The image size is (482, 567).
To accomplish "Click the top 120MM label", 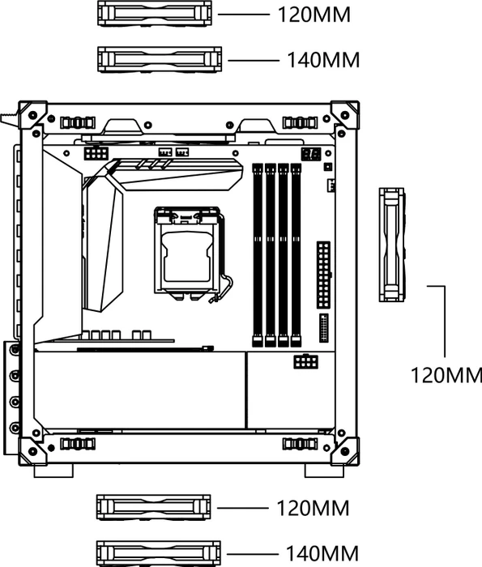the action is tap(314, 15).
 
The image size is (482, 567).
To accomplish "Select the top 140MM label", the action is tap(323, 60).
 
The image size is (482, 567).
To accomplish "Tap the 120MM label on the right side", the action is tap(446, 375).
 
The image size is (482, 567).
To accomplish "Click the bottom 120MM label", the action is tap(314, 508).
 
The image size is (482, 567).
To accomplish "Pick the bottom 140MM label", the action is tap(322, 553).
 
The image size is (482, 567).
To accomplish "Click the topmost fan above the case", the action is tap(155, 14).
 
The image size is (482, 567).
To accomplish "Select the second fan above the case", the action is tap(160, 59).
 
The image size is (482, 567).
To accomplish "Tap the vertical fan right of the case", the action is tap(392, 245).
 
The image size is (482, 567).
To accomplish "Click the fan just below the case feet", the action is tap(153, 508).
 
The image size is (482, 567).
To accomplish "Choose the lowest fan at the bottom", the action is tap(159, 553).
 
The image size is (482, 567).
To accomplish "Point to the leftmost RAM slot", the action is tap(258, 255).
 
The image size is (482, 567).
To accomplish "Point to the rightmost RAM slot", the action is tap(296, 255).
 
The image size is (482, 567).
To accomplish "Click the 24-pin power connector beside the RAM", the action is tap(323, 275).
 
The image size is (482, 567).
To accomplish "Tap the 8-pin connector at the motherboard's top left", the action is tap(96, 153).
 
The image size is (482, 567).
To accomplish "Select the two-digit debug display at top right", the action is tap(310, 154).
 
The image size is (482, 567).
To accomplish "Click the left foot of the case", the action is tap(53, 471).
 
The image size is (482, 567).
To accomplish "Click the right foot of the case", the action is tap(324, 471).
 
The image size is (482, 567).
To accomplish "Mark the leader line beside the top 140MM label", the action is tap(254, 61).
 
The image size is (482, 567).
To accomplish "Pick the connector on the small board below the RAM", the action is tap(306, 361).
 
